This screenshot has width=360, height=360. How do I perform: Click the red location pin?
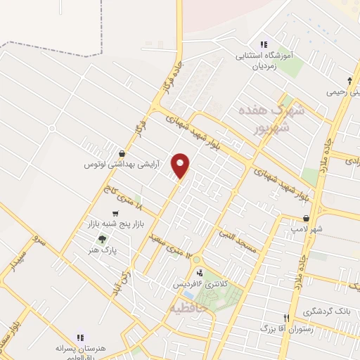click(x=181, y=165)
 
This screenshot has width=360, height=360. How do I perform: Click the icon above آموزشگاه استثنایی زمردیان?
click(x=264, y=44)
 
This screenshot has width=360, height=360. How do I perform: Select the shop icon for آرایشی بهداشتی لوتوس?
click(x=123, y=153)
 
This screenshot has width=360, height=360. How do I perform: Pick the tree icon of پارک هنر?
click(x=103, y=239)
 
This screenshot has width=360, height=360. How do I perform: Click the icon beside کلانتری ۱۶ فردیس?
click(x=200, y=273)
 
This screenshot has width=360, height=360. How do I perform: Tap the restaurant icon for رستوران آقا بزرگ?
click(x=286, y=318)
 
